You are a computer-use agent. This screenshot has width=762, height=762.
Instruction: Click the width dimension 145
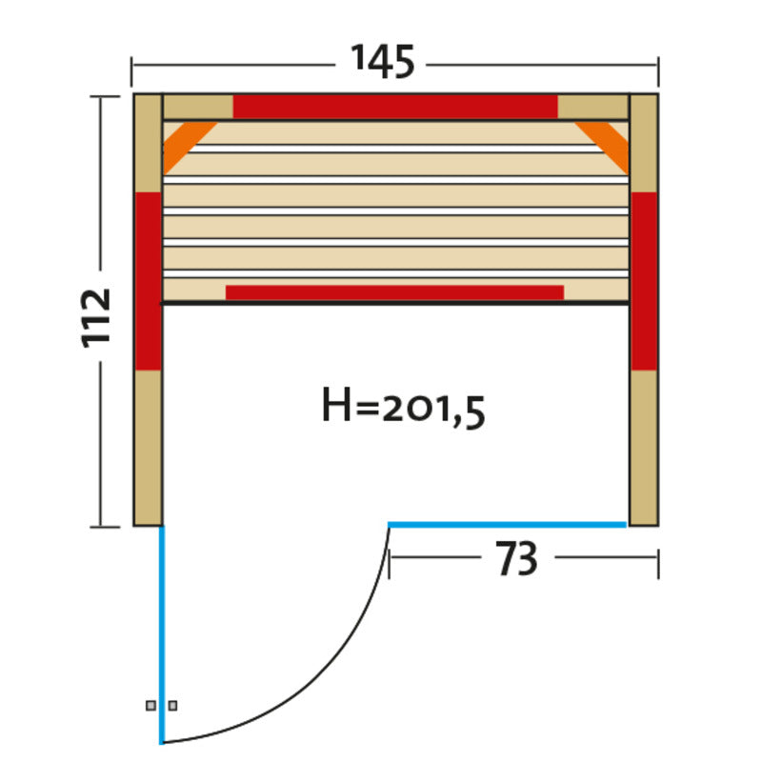[x=383, y=62]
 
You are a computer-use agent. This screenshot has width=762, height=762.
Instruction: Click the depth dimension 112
[x=96, y=318]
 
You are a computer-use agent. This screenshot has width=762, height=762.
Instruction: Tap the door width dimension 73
[x=516, y=558]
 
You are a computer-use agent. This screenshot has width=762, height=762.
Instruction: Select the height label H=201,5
[x=403, y=408]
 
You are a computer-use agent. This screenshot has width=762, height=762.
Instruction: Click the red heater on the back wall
[x=395, y=107]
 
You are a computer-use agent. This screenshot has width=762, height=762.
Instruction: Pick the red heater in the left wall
[x=149, y=281]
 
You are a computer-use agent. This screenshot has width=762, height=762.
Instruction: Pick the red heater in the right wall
[x=644, y=281]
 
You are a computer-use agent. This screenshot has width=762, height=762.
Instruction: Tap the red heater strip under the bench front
[x=394, y=292]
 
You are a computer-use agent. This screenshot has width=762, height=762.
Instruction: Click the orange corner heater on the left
[x=186, y=145]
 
